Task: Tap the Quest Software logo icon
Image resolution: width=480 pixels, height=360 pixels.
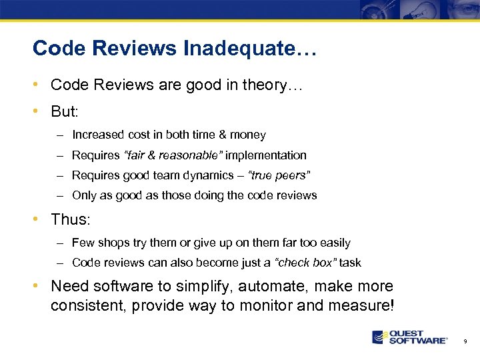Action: click(380, 337)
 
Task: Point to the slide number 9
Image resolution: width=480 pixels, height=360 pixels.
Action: click(465, 341)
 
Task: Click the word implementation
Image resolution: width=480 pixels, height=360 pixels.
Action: click(266, 155)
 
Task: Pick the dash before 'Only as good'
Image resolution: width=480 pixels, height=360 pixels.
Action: click(60, 196)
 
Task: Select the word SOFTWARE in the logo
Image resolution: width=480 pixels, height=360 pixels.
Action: click(418, 341)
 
